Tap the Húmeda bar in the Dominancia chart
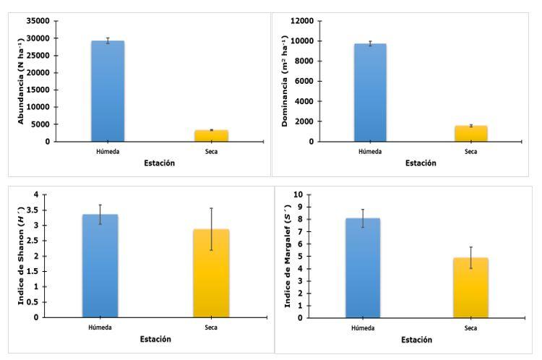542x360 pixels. tap(370, 93)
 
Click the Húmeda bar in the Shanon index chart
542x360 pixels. tap(100, 266)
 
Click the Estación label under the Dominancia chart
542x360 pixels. tap(420, 163)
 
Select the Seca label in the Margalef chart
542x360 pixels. tap(470, 328)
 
